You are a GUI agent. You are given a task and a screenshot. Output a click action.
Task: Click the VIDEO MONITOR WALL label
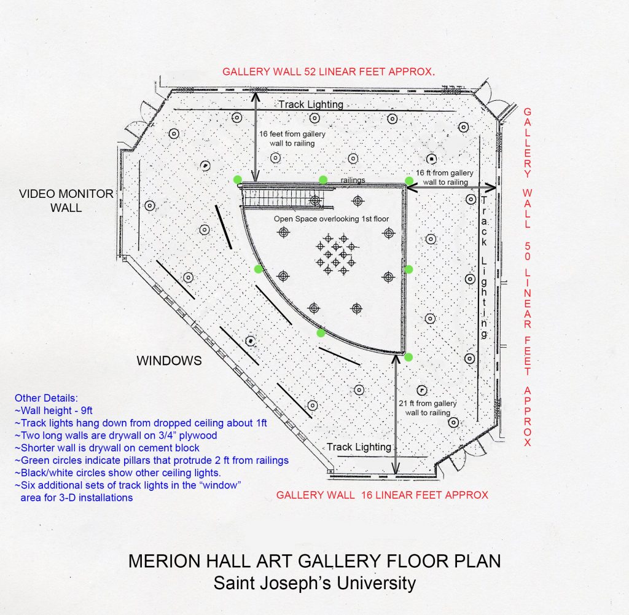coord(66,201)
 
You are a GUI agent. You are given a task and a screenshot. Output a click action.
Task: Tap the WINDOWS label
coord(169,361)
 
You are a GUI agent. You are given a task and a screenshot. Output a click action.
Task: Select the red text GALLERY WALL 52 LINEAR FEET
coord(329,71)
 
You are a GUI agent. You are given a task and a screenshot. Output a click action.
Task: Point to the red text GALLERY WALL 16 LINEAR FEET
coord(382,495)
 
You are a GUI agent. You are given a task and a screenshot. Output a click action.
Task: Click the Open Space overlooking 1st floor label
coord(331,219)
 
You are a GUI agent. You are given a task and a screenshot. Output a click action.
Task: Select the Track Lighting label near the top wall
coord(311,104)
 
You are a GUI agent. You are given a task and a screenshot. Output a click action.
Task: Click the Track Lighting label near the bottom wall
coord(359,447)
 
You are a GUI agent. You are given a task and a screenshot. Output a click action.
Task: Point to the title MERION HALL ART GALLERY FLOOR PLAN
coord(314,561)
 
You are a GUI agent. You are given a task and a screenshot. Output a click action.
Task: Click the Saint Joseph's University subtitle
coord(314,582)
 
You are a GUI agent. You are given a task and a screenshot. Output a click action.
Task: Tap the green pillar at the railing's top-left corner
coord(238,179)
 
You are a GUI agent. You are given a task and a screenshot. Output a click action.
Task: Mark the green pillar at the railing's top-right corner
coord(408,180)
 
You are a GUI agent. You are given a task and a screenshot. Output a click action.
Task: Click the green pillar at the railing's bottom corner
coord(408,356)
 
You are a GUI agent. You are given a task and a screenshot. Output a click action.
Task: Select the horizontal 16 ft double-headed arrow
coord(453,187)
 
